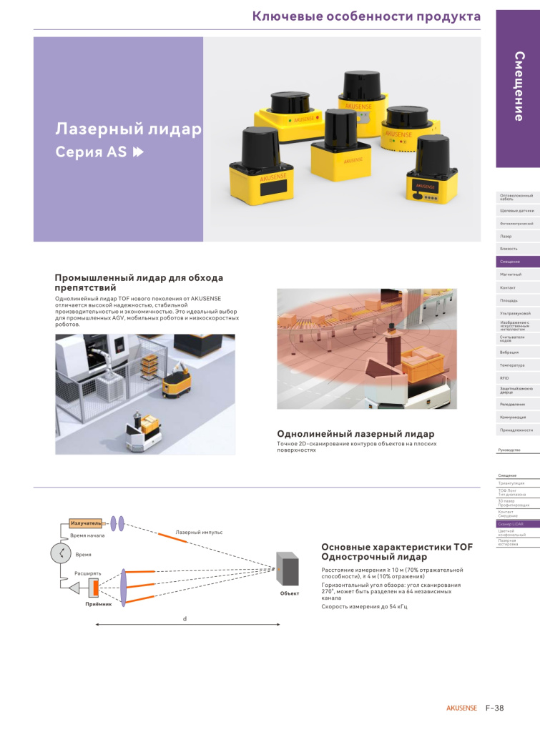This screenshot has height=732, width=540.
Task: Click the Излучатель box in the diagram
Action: (85, 523)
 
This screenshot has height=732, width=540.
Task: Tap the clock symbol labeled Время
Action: (61, 554)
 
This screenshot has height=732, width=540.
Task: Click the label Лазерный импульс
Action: (199, 533)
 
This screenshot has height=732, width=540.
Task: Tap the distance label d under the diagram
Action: (185, 618)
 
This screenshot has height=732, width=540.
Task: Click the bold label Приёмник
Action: (98, 605)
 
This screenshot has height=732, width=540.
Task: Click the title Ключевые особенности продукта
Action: (366, 16)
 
